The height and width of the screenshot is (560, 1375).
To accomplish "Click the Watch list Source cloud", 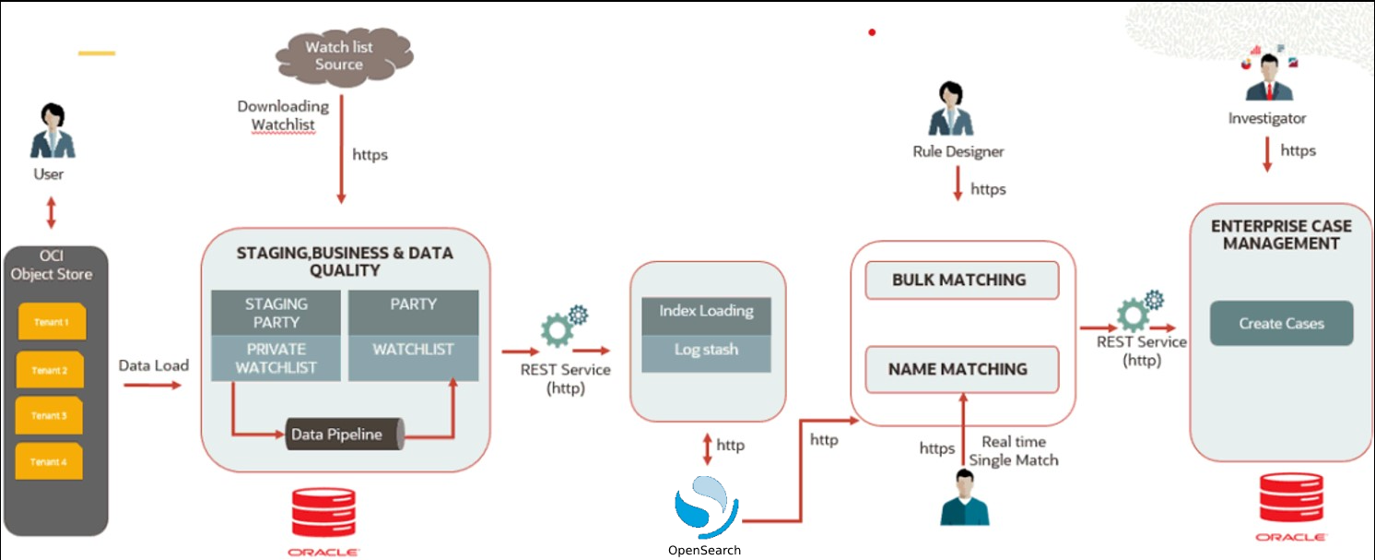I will tap(339, 55).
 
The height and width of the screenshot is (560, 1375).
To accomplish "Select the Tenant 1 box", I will tap(51, 323).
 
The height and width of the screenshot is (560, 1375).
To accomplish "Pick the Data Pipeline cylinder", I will tap(344, 435).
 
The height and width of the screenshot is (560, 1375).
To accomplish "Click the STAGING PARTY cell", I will tap(276, 313).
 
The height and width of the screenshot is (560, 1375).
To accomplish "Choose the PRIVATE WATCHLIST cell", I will tap(276, 358).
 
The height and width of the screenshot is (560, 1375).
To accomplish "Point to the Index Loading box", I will tap(706, 311).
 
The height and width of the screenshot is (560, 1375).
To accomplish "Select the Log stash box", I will tap(706, 351).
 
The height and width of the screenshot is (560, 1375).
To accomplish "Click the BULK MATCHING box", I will tap(959, 280).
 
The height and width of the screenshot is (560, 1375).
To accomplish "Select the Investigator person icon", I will tap(1269, 79).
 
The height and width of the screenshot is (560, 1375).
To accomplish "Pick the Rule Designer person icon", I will tap(951, 109).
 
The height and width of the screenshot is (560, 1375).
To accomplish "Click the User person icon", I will tap(53, 131).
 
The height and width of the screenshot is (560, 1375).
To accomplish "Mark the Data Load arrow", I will tap(153, 384).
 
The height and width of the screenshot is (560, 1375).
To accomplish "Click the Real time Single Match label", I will tap(1014, 451).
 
